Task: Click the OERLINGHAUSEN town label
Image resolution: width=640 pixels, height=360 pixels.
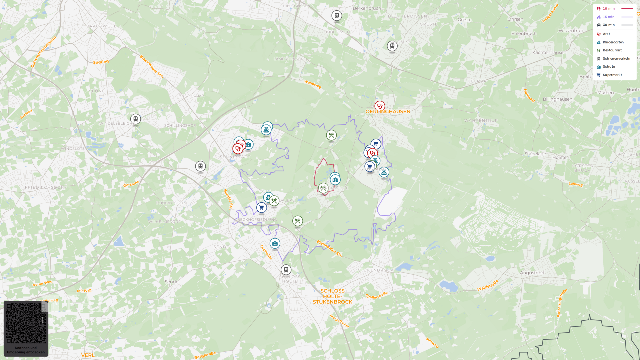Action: pos(388,112)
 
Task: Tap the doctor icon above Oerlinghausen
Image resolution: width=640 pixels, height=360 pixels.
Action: pos(380,106)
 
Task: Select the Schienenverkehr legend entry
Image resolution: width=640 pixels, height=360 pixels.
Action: pos(616,59)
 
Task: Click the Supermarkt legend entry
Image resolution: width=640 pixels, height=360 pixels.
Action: pos(612,75)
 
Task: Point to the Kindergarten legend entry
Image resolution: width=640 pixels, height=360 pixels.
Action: pos(613,42)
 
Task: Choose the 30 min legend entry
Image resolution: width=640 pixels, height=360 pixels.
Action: pos(609,25)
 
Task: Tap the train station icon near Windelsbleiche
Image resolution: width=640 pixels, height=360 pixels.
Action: pos(136,119)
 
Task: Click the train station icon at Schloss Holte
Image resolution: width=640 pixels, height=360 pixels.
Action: pos(286,270)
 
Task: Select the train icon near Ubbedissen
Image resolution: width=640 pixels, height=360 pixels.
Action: pos(337,16)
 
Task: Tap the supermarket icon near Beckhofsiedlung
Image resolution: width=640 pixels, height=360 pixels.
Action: pos(262,208)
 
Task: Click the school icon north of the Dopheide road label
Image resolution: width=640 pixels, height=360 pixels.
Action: pos(275,244)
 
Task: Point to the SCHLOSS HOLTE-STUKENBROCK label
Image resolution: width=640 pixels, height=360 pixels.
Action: pos(332,296)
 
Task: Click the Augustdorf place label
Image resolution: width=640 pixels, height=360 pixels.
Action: pos(532,273)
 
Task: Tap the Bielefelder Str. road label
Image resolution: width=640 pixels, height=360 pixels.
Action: pos(329,248)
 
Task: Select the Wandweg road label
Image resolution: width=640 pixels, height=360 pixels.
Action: pos(313,84)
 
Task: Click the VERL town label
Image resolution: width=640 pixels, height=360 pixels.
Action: pos(88,355)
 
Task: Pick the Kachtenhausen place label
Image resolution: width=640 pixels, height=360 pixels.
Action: pos(549,53)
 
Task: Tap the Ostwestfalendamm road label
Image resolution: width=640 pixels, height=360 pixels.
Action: pos(43,52)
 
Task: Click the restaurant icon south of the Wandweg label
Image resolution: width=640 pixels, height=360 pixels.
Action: pos(331,135)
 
